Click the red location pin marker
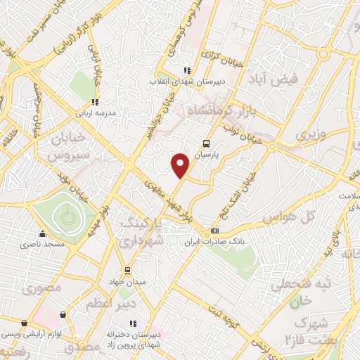tap(181, 165)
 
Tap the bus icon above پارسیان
tap(205, 141)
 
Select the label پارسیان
tap(207, 152)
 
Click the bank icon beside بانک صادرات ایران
tap(214, 231)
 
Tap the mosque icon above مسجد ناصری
tap(43, 233)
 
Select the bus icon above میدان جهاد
tap(127, 270)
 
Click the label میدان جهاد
tap(127, 281)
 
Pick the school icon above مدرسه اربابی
tap(102, 101)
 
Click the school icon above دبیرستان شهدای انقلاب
tap(186, 70)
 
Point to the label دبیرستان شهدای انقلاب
tap(186, 82)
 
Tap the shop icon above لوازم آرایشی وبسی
tap(25, 323)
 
